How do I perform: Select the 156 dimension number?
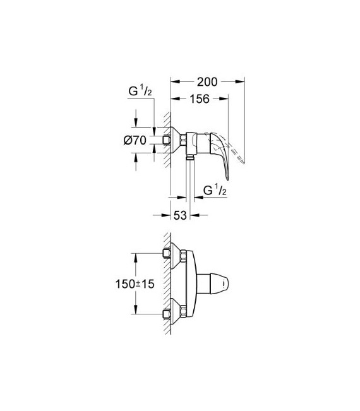tap(199, 98)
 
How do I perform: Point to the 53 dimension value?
tap(181, 216)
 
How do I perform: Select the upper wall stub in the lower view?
tap(167, 254)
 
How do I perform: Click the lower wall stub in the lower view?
tap(167, 313)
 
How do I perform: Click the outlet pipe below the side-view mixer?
tap(188, 174)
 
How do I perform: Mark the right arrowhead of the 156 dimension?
tap(225, 98)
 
